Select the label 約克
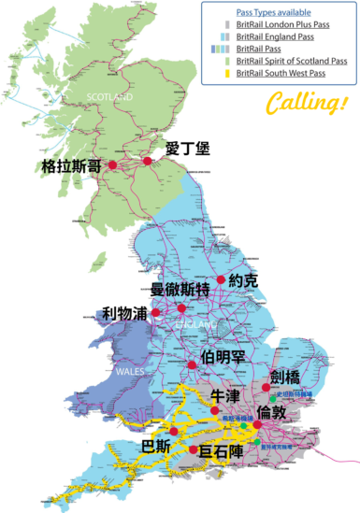point(255,280)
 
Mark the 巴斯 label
point(155,445)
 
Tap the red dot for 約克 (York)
point(222,279)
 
